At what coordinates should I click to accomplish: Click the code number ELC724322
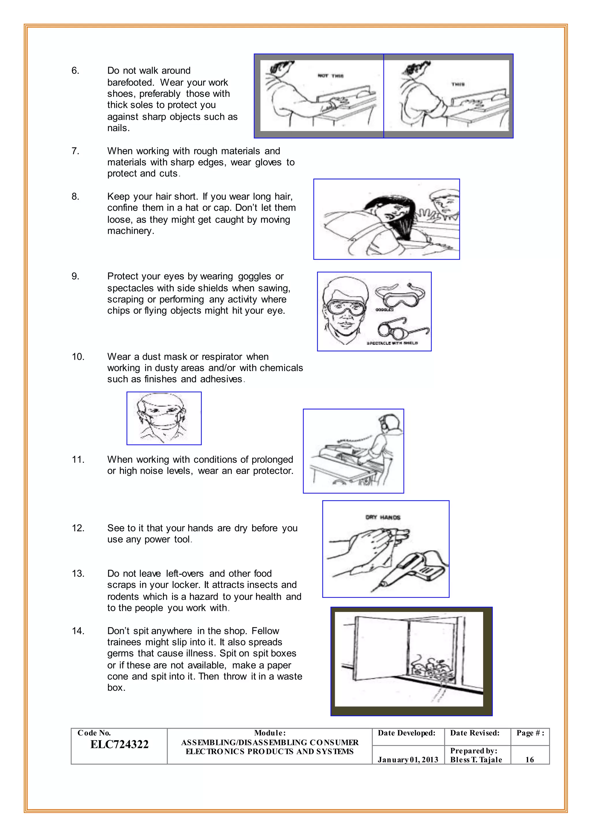[x=119, y=744]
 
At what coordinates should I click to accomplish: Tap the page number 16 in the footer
[x=530, y=760]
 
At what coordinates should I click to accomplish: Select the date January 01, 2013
[x=407, y=760]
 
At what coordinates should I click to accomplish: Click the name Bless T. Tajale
[x=476, y=760]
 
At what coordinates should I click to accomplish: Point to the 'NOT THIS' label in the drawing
[x=330, y=76]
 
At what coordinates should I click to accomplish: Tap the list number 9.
[x=75, y=276]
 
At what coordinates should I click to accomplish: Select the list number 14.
[x=78, y=631]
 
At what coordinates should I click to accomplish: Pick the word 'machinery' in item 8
[x=130, y=231]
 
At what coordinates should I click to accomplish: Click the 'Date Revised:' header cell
[x=474, y=733]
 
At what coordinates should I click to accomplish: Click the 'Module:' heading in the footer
[x=270, y=733]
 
